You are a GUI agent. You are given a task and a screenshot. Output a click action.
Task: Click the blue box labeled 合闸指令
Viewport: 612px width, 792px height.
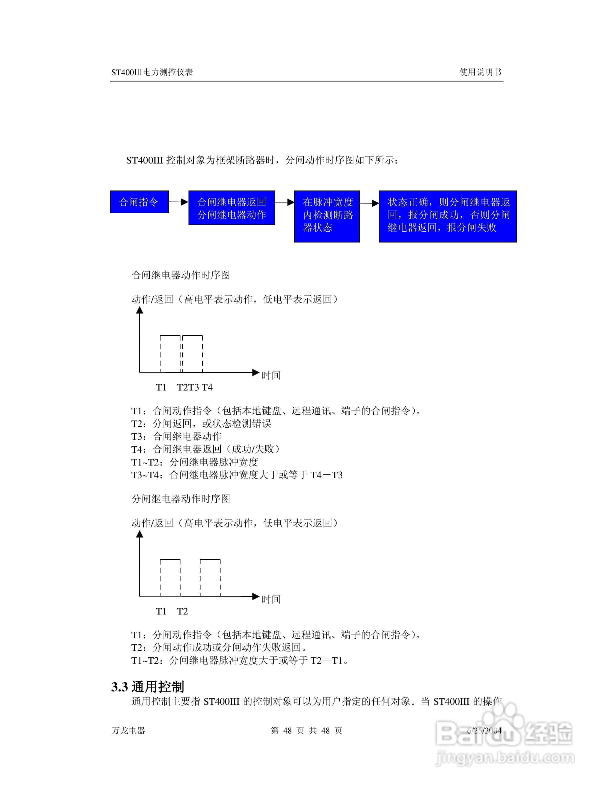139,202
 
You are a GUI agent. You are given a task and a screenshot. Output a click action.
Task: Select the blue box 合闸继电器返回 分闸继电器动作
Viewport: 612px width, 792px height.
232,208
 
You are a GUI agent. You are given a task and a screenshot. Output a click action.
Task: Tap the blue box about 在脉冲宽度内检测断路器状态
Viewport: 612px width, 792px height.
327,216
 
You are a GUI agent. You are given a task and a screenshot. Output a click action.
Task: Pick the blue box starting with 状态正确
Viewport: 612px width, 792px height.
448,216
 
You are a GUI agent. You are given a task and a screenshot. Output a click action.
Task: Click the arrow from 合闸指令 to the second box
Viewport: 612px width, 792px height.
178,202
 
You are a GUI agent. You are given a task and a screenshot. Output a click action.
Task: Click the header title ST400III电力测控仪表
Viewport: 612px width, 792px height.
152,72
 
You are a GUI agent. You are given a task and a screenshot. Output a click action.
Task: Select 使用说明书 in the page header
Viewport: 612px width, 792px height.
480,72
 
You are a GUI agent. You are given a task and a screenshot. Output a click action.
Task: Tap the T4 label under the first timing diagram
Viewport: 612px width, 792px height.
207,387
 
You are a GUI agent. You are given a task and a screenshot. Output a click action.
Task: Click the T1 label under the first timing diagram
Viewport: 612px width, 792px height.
161,387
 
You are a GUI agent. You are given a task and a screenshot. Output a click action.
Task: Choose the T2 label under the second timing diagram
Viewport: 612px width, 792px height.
182,611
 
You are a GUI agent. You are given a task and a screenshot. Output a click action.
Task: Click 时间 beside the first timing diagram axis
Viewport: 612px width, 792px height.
271,375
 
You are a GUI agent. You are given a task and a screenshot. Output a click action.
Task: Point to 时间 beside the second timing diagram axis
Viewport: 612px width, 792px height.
271,599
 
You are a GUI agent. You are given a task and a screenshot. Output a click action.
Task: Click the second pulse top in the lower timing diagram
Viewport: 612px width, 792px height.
210,559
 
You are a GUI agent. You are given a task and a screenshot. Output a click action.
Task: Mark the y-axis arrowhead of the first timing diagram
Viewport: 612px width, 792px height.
139,310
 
